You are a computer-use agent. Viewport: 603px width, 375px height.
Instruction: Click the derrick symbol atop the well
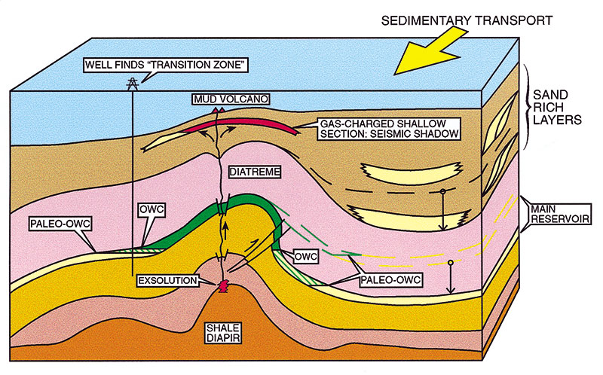pos(133,84)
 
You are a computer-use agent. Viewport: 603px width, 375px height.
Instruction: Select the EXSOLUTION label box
pos(168,281)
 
